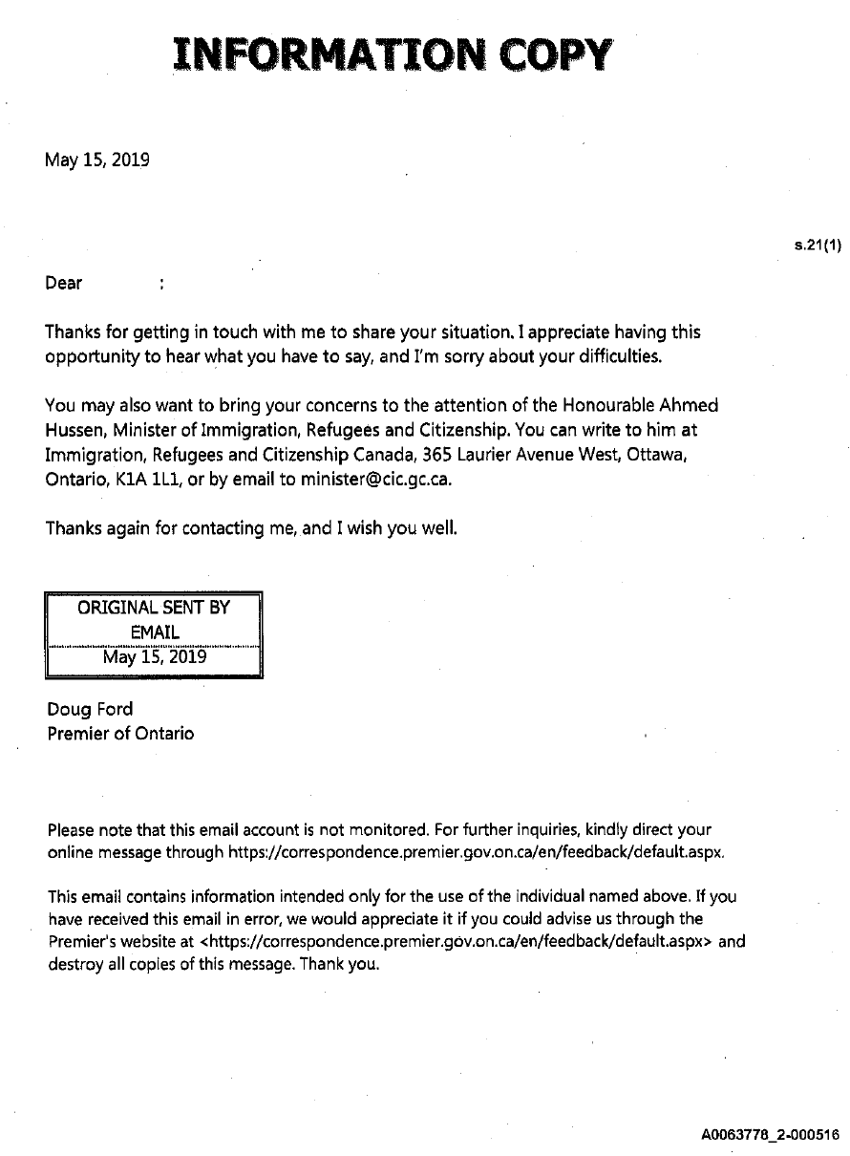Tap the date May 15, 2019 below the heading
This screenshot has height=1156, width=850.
click(97, 160)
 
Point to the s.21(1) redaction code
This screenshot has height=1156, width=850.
click(817, 246)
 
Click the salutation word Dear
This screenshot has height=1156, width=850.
click(64, 283)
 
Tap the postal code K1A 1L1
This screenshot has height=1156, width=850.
click(147, 481)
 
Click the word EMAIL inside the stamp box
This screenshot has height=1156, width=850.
click(154, 632)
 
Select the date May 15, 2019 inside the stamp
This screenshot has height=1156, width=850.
click(154, 657)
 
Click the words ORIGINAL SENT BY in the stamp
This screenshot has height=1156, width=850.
click(154, 608)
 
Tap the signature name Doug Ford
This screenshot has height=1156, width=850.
click(91, 709)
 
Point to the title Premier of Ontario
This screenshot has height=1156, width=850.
click(120, 734)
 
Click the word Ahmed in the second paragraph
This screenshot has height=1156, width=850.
click(687, 406)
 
